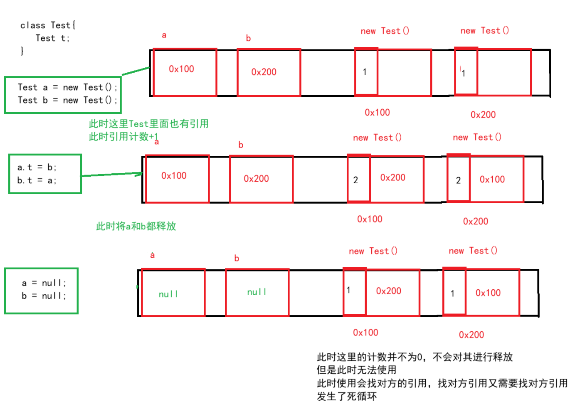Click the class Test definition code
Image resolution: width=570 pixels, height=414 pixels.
(47, 38)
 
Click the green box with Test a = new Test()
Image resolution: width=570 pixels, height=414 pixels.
(63, 94)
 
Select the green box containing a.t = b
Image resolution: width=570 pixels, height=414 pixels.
(45, 174)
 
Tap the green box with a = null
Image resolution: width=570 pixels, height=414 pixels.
(41, 290)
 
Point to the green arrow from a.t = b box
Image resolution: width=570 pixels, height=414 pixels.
(111, 175)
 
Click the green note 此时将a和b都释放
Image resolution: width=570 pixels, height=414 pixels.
(136, 226)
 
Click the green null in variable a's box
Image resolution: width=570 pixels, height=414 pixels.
(168, 294)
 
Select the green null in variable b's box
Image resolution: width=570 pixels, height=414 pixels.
(257, 292)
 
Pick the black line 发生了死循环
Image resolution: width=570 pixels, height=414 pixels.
(347, 397)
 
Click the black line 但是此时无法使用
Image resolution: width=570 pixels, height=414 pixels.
(356, 370)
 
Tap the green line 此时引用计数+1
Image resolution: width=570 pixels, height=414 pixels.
(123, 136)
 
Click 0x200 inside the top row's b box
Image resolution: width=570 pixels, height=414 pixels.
(264, 72)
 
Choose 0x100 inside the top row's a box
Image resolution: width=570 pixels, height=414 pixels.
(181, 69)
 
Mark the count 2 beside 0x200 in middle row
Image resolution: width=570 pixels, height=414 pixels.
(355, 180)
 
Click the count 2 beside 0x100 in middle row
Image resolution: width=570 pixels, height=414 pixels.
(458, 180)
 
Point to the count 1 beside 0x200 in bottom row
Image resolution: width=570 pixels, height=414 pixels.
(349, 290)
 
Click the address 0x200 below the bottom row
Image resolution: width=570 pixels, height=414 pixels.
(471, 335)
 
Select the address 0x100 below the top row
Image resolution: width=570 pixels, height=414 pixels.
(377, 112)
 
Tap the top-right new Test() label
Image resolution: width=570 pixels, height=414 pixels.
(484, 30)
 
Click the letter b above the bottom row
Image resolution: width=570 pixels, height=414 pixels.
(237, 258)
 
